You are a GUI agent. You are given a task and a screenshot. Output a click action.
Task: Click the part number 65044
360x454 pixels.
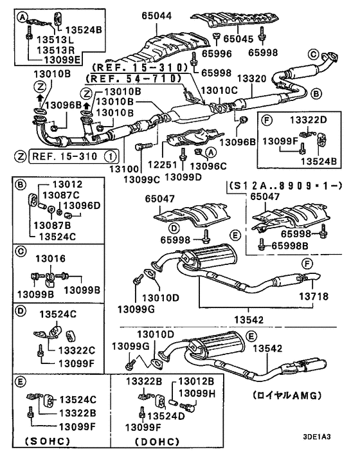[x=157, y=15]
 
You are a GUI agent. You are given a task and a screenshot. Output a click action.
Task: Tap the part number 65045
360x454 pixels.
[x=239, y=39]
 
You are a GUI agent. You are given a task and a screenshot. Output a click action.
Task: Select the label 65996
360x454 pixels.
[x=217, y=53]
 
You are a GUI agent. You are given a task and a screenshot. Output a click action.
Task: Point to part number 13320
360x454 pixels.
[x=251, y=78]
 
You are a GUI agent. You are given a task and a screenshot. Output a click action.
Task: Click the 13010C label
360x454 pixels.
[x=219, y=90]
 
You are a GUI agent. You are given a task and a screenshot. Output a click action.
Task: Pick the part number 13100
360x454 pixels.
[x=124, y=168]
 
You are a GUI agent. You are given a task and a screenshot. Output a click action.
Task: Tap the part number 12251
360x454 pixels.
[x=163, y=165]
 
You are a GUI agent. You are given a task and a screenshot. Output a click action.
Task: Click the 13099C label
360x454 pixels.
[x=142, y=179]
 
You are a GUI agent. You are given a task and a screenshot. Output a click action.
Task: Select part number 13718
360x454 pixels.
[x=314, y=296]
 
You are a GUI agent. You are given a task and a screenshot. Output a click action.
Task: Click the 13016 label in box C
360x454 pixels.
[x=50, y=259]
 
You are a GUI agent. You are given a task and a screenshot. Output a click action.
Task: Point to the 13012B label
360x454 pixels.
[x=196, y=381]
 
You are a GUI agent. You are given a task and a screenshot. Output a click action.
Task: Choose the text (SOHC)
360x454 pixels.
[x=48, y=441]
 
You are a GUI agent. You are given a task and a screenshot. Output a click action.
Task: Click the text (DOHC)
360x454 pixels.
[x=157, y=442]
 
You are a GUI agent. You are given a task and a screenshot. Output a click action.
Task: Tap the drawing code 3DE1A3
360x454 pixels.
[x=317, y=437]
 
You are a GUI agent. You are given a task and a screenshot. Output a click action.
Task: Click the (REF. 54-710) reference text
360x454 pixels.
[x=134, y=78]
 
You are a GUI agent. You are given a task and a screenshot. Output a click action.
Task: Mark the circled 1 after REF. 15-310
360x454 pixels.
[x=111, y=157]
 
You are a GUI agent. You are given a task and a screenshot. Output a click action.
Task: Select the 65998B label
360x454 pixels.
[x=290, y=246]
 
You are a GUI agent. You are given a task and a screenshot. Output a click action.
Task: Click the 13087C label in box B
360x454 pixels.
[x=61, y=195]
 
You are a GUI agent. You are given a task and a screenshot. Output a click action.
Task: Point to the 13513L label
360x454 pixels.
[x=55, y=40]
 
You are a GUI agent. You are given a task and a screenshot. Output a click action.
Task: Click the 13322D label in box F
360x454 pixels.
[x=309, y=120]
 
